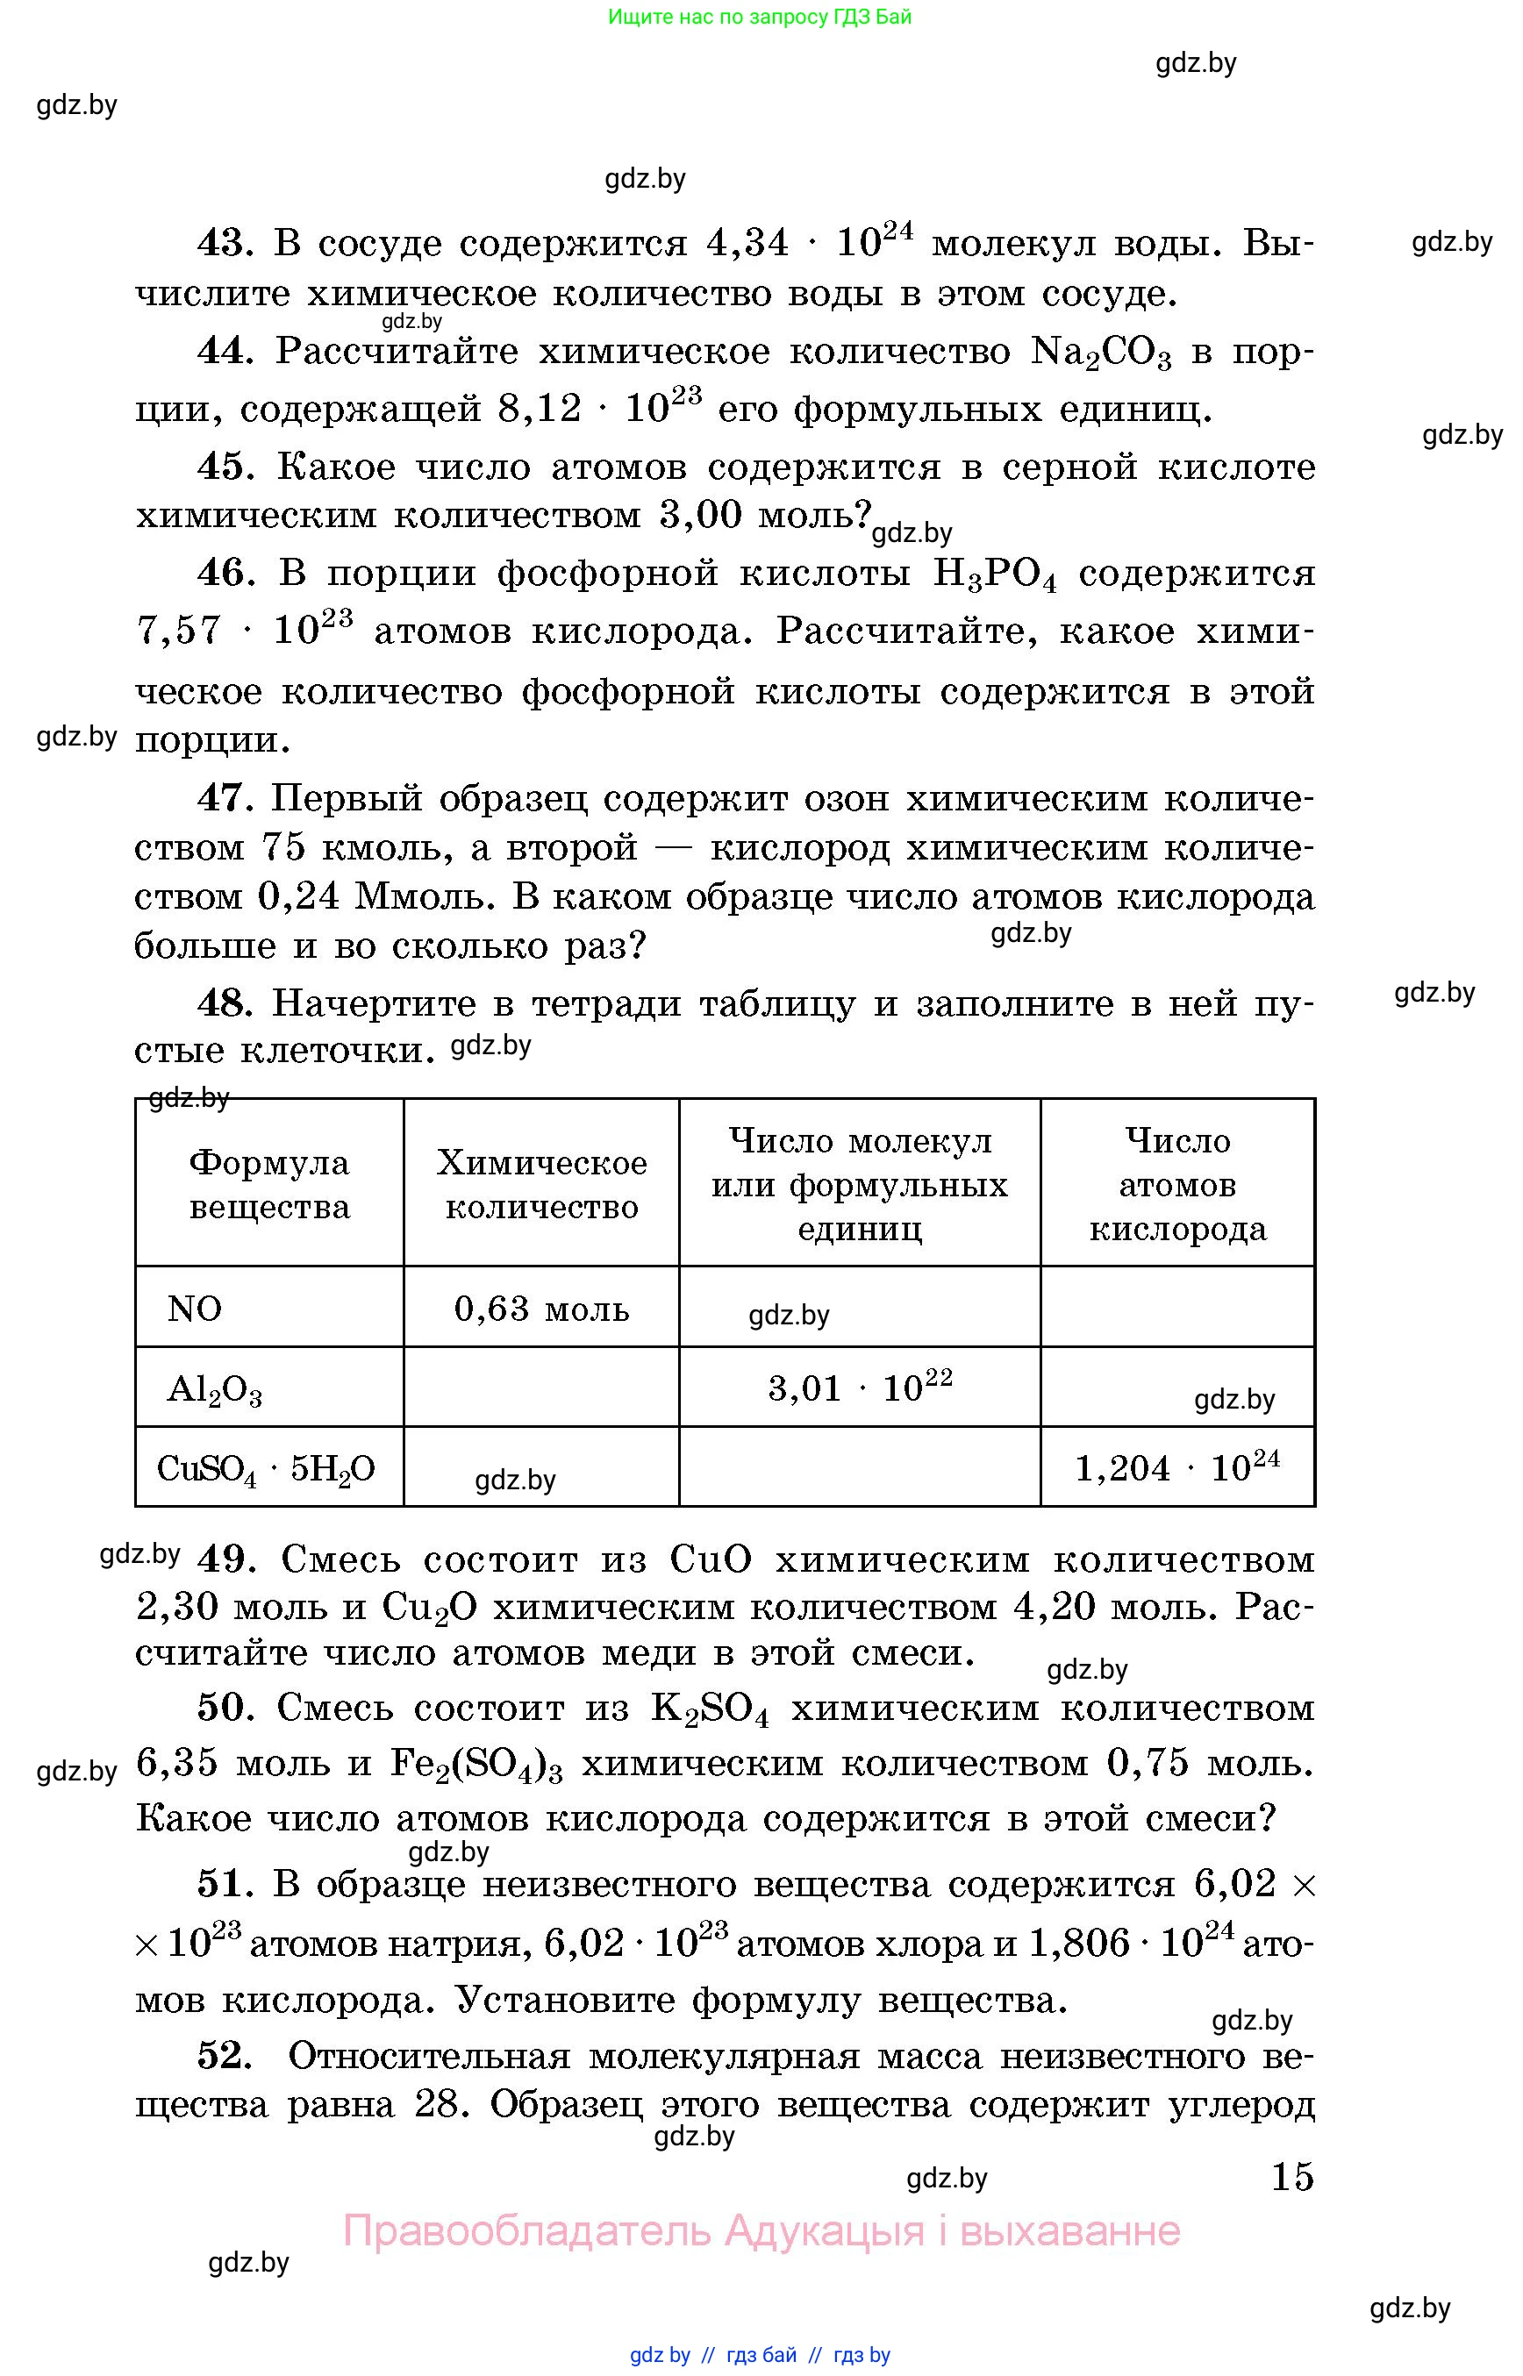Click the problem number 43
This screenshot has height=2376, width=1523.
pos(225,242)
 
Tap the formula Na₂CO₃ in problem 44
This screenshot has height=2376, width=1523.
pos(1100,353)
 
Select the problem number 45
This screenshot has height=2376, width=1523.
pos(225,467)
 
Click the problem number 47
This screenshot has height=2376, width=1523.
pos(225,797)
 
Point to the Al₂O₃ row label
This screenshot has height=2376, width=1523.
pos(213,1389)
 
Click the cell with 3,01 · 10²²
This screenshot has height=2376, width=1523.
pos(860,1387)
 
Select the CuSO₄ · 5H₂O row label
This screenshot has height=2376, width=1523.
pos(266,1469)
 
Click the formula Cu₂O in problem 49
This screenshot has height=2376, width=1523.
pos(429,1609)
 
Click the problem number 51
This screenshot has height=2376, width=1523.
pos(225,1884)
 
